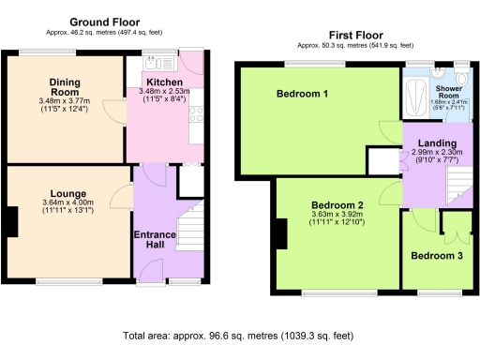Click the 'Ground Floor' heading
105,21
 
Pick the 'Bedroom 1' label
302,95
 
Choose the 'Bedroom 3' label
435,255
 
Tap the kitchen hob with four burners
196,115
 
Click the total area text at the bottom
239,335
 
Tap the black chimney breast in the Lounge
10,221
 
